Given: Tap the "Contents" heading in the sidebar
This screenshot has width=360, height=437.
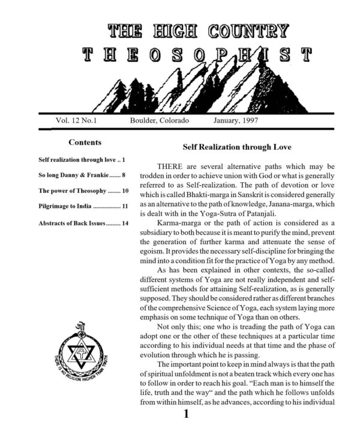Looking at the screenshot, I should coord(85,143).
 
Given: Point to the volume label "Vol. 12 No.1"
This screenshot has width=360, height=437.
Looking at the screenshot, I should coord(80,120).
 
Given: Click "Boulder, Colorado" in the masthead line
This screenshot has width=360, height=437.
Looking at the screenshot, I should coord(159,120).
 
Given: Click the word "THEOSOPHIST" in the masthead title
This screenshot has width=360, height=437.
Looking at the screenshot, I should coord(197,55).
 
